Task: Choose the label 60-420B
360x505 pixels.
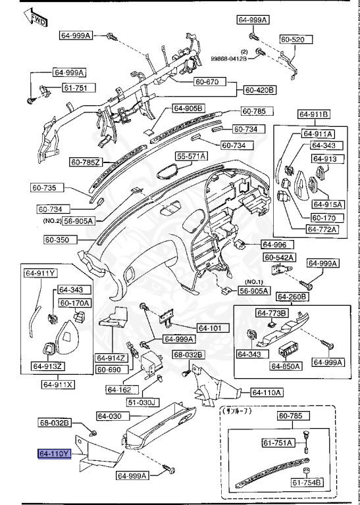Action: (x=260, y=89)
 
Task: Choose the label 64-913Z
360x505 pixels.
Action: (x=48, y=366)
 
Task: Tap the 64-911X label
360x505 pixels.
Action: (x=59, y=384)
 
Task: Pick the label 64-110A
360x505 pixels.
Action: (x=266, y=393)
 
